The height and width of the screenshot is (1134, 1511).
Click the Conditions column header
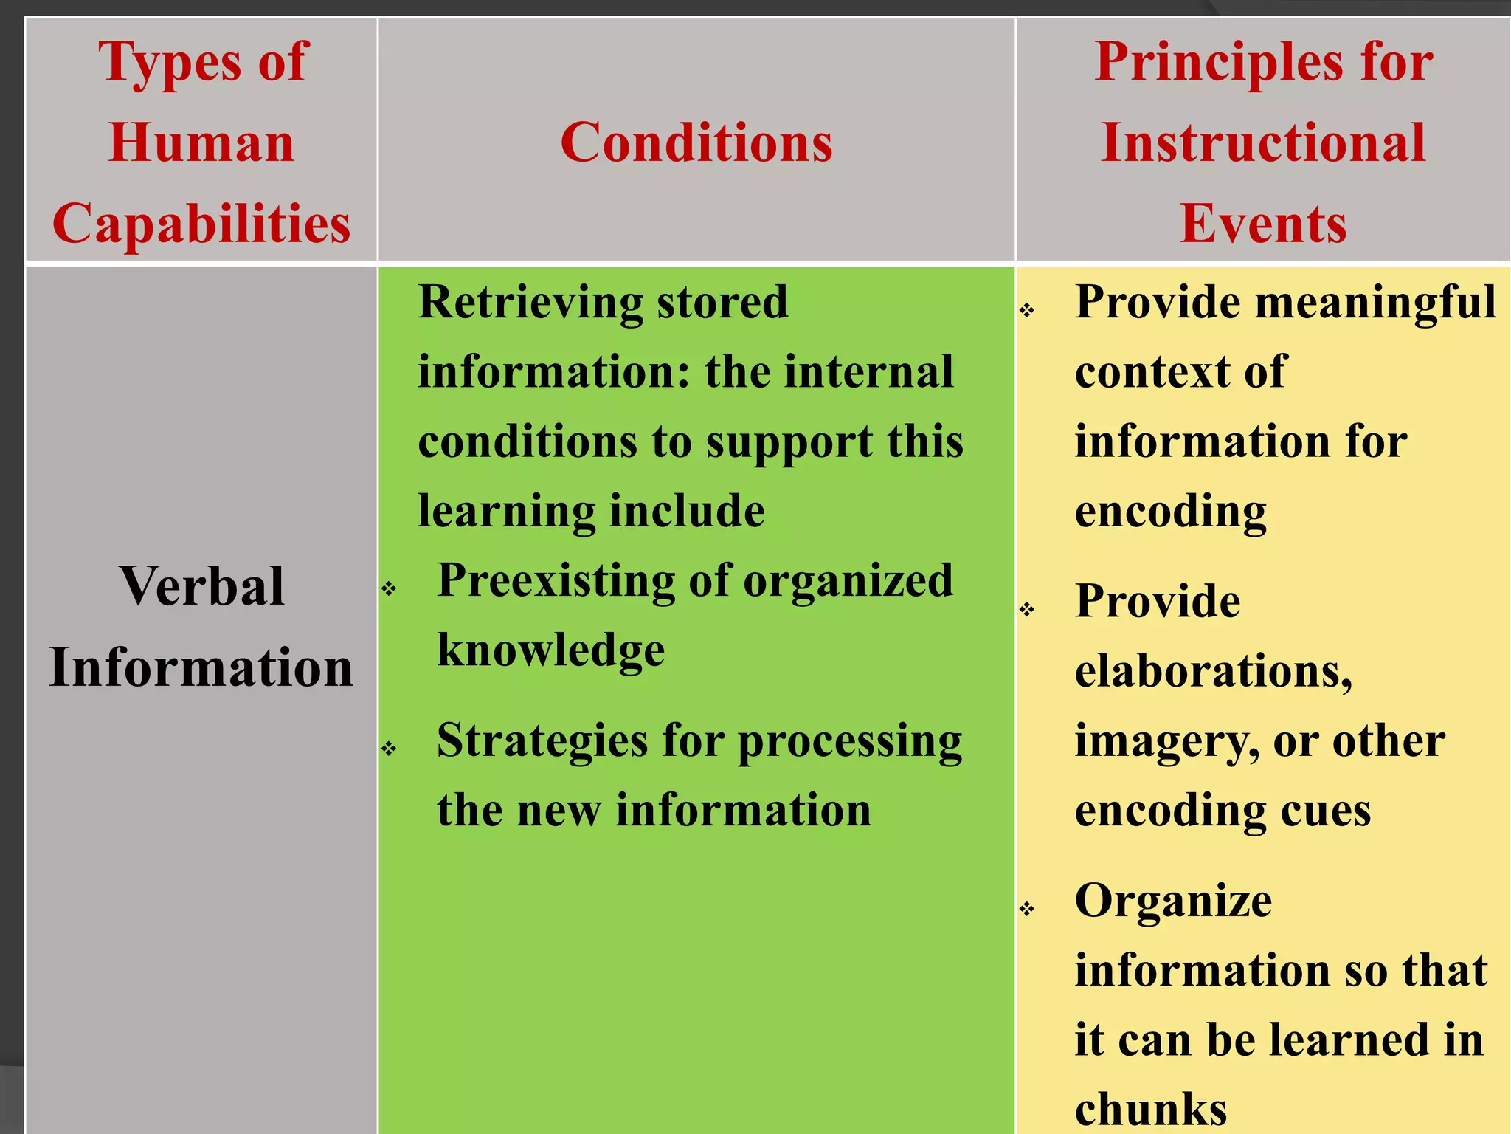[x=696, y=142]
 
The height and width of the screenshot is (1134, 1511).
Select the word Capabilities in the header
[x=201, y=223]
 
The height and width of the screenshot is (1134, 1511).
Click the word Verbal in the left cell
[x=201, y=586]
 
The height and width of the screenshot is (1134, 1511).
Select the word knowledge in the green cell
[x=551, y=650]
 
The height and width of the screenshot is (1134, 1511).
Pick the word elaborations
[x=1213, y=671]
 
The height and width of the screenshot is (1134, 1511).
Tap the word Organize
[x=1173, y=901]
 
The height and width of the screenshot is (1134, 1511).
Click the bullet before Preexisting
[x=389, y=588]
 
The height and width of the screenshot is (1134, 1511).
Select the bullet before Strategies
[x=389, y=749]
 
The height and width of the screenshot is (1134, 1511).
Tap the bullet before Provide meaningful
[x=1027, y=310]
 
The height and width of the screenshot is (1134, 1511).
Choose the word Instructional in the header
[x=1263, y=142]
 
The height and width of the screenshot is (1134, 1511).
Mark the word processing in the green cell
[x=850, y=742]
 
